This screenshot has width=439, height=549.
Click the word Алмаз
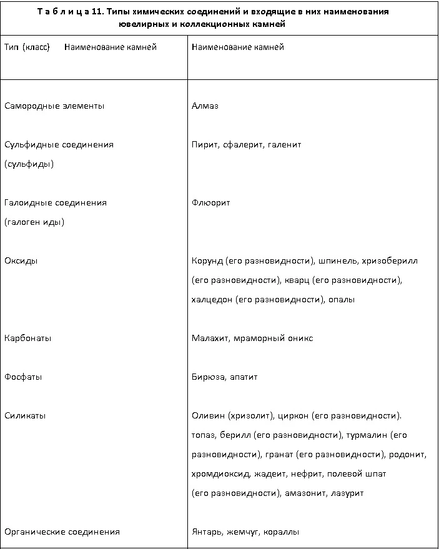(205, 106)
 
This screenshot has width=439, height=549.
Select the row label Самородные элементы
(54, 106)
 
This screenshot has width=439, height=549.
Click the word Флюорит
(211, 203)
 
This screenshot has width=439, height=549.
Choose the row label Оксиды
(21, 261)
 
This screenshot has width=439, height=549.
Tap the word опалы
(342, 300)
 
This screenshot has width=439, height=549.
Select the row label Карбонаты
(27, 339)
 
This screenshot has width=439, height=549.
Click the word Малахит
(210, 339)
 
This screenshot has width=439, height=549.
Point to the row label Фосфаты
(23, 377)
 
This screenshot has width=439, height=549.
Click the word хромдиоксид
(221, 474)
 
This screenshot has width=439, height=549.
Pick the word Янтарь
(207, 532)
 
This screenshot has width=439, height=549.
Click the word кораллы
(281, 532)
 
